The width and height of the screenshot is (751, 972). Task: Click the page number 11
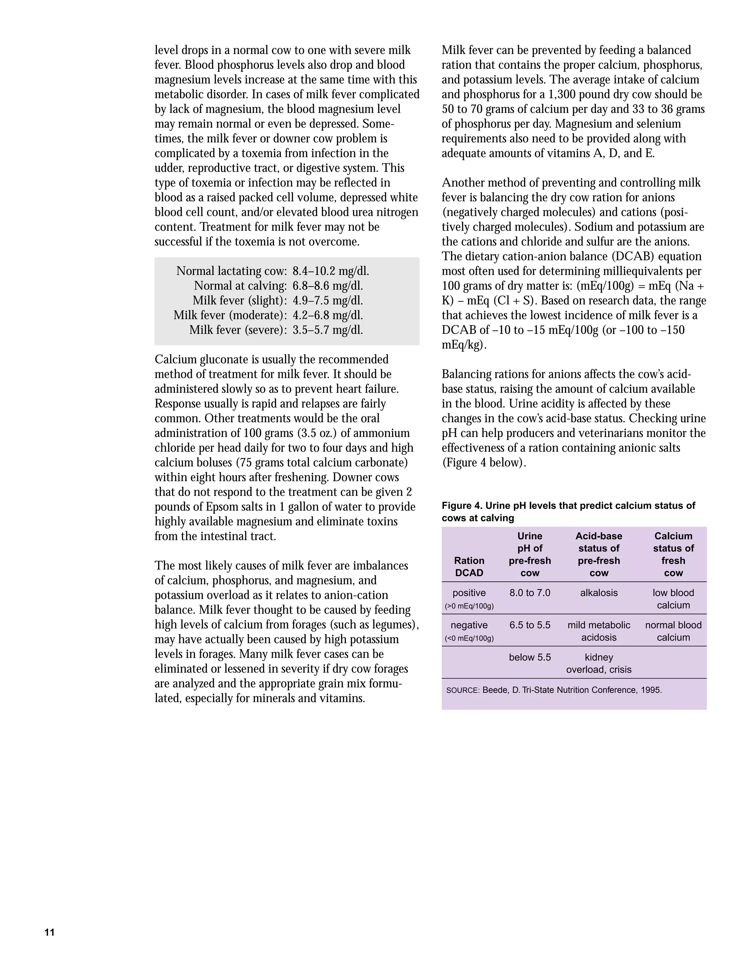[x=50, y=932]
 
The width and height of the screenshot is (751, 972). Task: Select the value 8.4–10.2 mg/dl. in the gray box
[x=330, y=271]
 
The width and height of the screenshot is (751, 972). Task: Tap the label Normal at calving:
[x=240, y=286]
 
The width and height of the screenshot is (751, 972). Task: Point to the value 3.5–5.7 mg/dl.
[x=327, y=330]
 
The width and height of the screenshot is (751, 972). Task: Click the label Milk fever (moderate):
[x=230, y=315]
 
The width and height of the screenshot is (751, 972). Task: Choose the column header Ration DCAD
[x=469, y=567]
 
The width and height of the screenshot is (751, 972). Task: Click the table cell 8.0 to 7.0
[x=530, y=593]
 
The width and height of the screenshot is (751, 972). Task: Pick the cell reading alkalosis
[x=598, y=593]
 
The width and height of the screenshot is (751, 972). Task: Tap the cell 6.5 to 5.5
[x=530, y=625]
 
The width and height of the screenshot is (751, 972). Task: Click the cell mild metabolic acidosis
[x=598, y=631]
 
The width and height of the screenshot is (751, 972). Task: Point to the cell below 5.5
[x=530, y=657]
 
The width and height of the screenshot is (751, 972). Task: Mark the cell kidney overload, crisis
[x=598, y=663]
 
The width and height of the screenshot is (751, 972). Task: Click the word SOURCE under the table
[x=462, y=690]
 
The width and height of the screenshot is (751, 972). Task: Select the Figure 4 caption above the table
[x=568, y=511]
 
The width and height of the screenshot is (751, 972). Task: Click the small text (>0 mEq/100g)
[x=469, y=606]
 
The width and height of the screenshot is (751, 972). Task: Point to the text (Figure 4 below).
[x=484, y=463]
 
